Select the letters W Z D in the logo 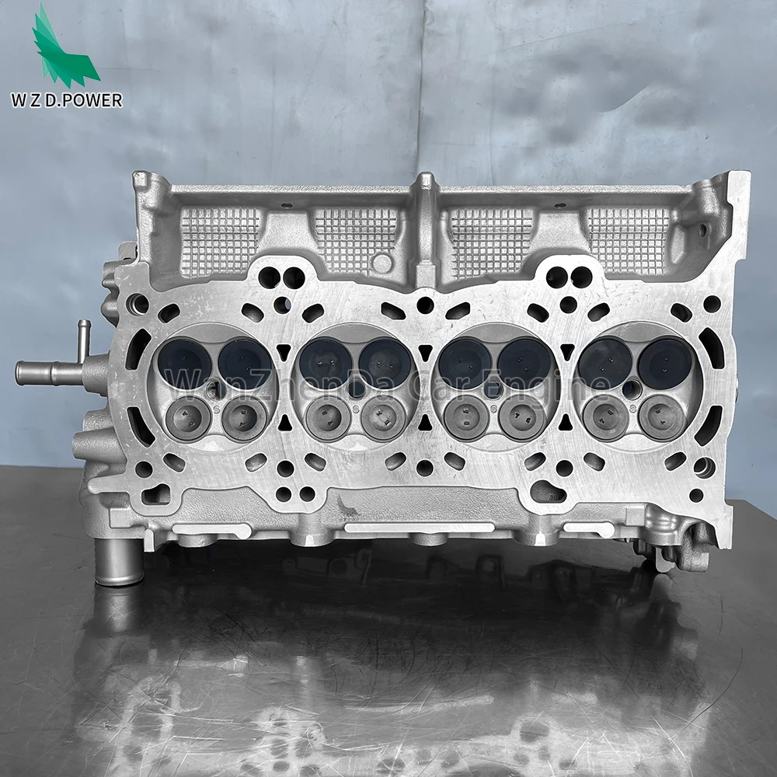click(44, 101)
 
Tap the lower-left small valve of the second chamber click(326, 419)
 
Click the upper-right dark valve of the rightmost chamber click(664, 362)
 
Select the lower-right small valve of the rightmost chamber click(661, 417)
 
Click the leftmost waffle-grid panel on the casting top click(219, 241)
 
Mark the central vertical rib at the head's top click(425, 225)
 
